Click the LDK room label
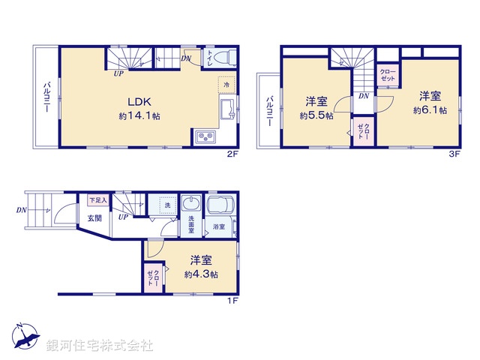click(139, 103)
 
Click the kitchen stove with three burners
click(205, 136)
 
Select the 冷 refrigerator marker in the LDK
click(226, 85)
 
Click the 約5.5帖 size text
click(314, 115)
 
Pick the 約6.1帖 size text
click(430, 109)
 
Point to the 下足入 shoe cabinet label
click(97, 200)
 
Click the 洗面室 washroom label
click(191, 225)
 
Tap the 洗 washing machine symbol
click(165, 205)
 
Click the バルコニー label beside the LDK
click(46, 96)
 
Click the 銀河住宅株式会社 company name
click(100, 346)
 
